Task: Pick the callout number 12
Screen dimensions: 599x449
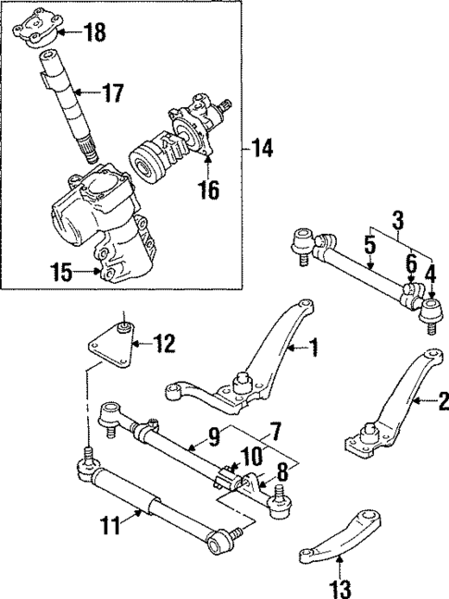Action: [x=163, y=346]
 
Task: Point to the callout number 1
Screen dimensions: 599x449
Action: [x=314, y=348]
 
